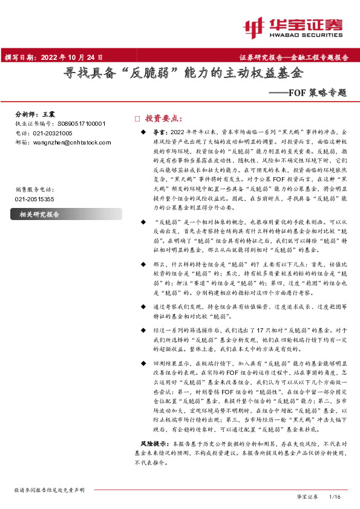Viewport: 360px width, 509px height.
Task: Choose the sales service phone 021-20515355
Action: coord(34,198)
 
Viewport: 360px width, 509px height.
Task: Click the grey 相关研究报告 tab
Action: coord(40,215)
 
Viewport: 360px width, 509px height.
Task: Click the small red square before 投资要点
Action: coord(137,118)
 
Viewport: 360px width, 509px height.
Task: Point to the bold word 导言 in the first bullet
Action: coord(159,131)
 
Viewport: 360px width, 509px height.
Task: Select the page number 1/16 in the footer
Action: coord(335,496)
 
